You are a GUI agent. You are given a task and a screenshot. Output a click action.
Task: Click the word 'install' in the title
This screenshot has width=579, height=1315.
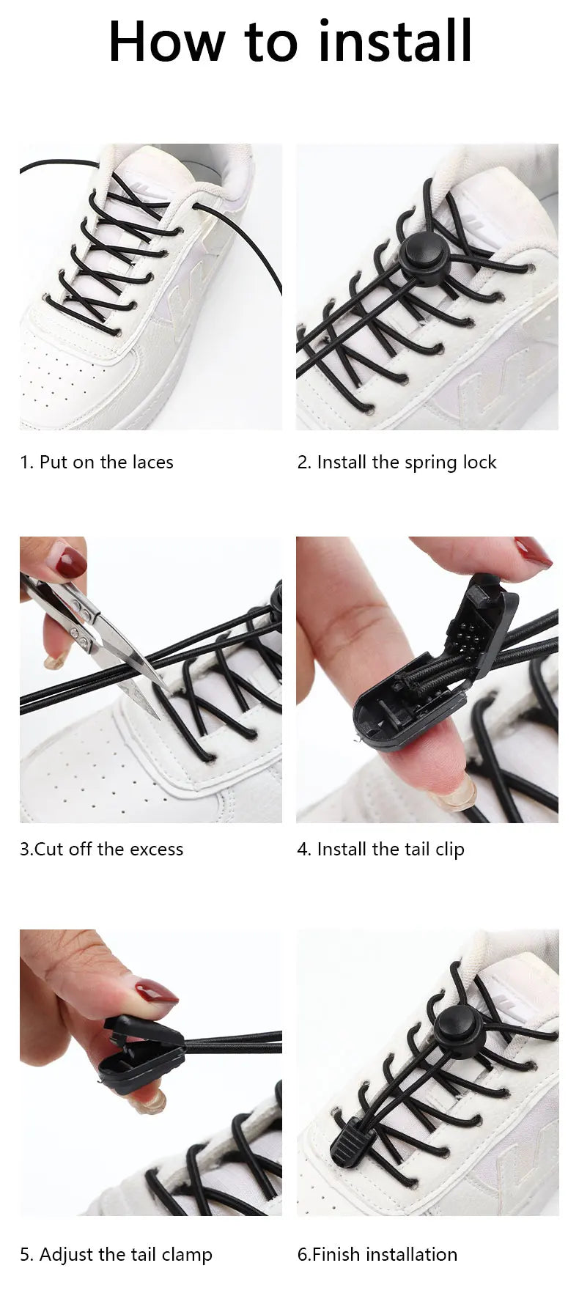(x=395, y=42)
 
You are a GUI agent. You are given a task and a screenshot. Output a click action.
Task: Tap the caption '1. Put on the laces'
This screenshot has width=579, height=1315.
(x=97, y=463)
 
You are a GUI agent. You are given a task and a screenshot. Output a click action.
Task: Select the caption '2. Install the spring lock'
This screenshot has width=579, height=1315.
(x=397, y=463)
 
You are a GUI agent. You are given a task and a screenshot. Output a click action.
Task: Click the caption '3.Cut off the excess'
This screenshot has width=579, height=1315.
(x=101, y=850)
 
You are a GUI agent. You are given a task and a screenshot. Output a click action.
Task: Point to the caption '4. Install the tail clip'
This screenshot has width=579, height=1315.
(x=380, y=850)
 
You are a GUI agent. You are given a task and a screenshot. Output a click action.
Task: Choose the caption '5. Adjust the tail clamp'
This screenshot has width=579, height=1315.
(x=116, y=1255)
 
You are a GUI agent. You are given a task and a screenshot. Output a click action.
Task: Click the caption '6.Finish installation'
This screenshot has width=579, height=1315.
(x=377, y=1255)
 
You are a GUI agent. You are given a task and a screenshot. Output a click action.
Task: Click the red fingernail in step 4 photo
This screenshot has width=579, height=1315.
(x=533, y=551)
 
